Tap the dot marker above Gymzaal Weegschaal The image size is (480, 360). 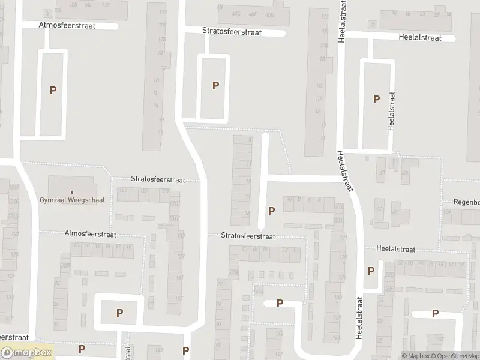[71, 193]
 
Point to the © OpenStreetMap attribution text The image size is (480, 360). [457, 356]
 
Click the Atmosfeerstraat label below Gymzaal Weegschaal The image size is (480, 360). [91, 234]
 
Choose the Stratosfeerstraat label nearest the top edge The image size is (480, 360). [232, 31]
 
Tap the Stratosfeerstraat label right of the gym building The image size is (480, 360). [158, 179]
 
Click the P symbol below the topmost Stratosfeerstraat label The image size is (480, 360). [215, 86]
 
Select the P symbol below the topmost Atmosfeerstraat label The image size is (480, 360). [53, 91]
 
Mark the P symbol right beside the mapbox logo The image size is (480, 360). [82, 349]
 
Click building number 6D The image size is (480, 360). [379, 209]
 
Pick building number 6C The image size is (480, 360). [395, 212]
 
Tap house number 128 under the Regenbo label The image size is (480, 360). [446, 212]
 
